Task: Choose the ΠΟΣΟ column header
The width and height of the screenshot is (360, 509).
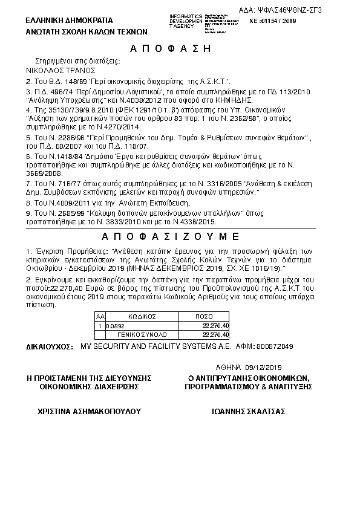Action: point(206,316)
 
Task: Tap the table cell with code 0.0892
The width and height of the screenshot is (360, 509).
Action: point(115,325)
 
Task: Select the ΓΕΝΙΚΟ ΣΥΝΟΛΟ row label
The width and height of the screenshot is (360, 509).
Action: point(142,334)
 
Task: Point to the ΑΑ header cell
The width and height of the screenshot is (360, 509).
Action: point(100,316)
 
